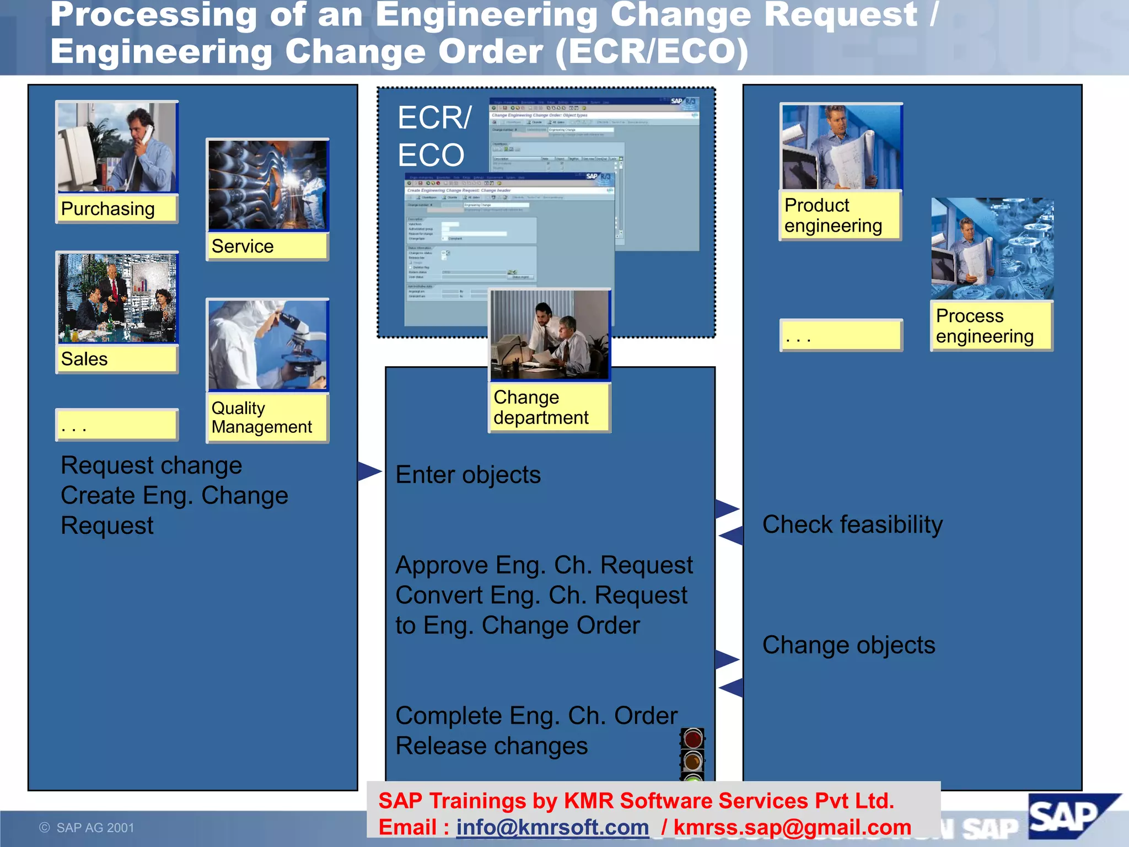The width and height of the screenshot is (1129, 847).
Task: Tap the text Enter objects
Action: coord(468,475)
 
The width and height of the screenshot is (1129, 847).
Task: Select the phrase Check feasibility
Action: coord(852,524)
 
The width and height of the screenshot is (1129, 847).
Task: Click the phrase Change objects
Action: coord(848,645)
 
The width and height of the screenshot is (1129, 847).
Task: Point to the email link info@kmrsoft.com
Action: coord(552,828)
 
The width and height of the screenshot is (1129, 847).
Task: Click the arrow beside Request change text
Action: coord(369,471)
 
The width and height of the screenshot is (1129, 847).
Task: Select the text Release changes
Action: coord(492,746)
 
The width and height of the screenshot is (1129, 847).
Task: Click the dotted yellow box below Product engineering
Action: coord(840,335)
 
